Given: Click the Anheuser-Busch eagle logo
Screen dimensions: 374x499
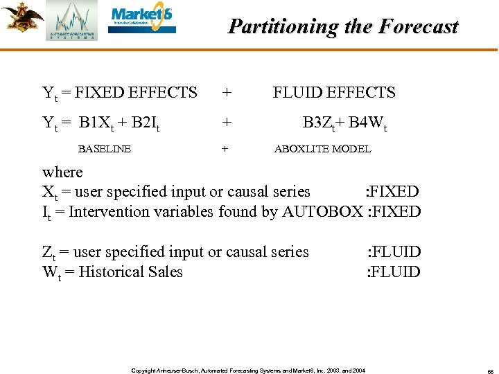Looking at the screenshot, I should [21, 17].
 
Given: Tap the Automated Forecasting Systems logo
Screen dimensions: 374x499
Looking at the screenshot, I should [71, 21].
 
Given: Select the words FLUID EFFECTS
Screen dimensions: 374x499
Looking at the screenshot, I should [334, 93].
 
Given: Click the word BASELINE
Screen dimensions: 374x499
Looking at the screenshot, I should [105, 148].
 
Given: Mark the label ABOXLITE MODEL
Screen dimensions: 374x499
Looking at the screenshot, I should [323, 148].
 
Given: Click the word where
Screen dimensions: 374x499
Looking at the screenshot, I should [62, 172].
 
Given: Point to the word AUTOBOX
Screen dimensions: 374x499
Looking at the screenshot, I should [322, 211].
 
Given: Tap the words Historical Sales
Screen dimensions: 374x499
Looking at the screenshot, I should [131, 271].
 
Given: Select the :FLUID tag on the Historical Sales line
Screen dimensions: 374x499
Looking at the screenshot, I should [393, 271].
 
